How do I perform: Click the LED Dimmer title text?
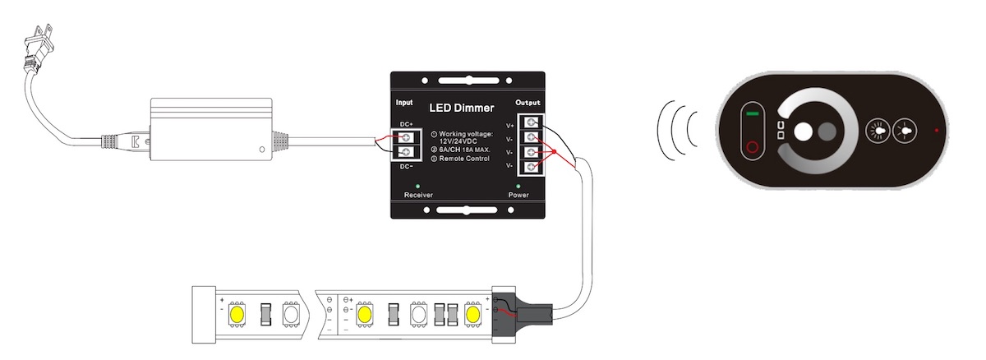[461, 108]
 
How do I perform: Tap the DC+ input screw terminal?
[406, 137]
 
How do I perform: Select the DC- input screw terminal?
[406, 152]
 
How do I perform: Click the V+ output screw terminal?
[532, 122]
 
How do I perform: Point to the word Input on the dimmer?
[404, 103]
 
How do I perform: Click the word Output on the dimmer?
[528, 103]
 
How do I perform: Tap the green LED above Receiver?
[417, 186]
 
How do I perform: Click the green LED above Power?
[518, 186]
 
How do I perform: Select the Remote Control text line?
[464, 159]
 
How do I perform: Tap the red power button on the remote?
[753, 146]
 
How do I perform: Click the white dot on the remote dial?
[804, 132]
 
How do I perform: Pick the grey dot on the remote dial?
[827, 132]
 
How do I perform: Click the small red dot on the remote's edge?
[936, 130]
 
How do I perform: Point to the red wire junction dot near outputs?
[554, 152]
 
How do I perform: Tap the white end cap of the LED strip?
[204, 315]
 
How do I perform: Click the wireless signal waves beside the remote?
[677, 130]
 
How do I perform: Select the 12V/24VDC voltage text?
[458, 141]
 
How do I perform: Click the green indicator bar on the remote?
[753, 113]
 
